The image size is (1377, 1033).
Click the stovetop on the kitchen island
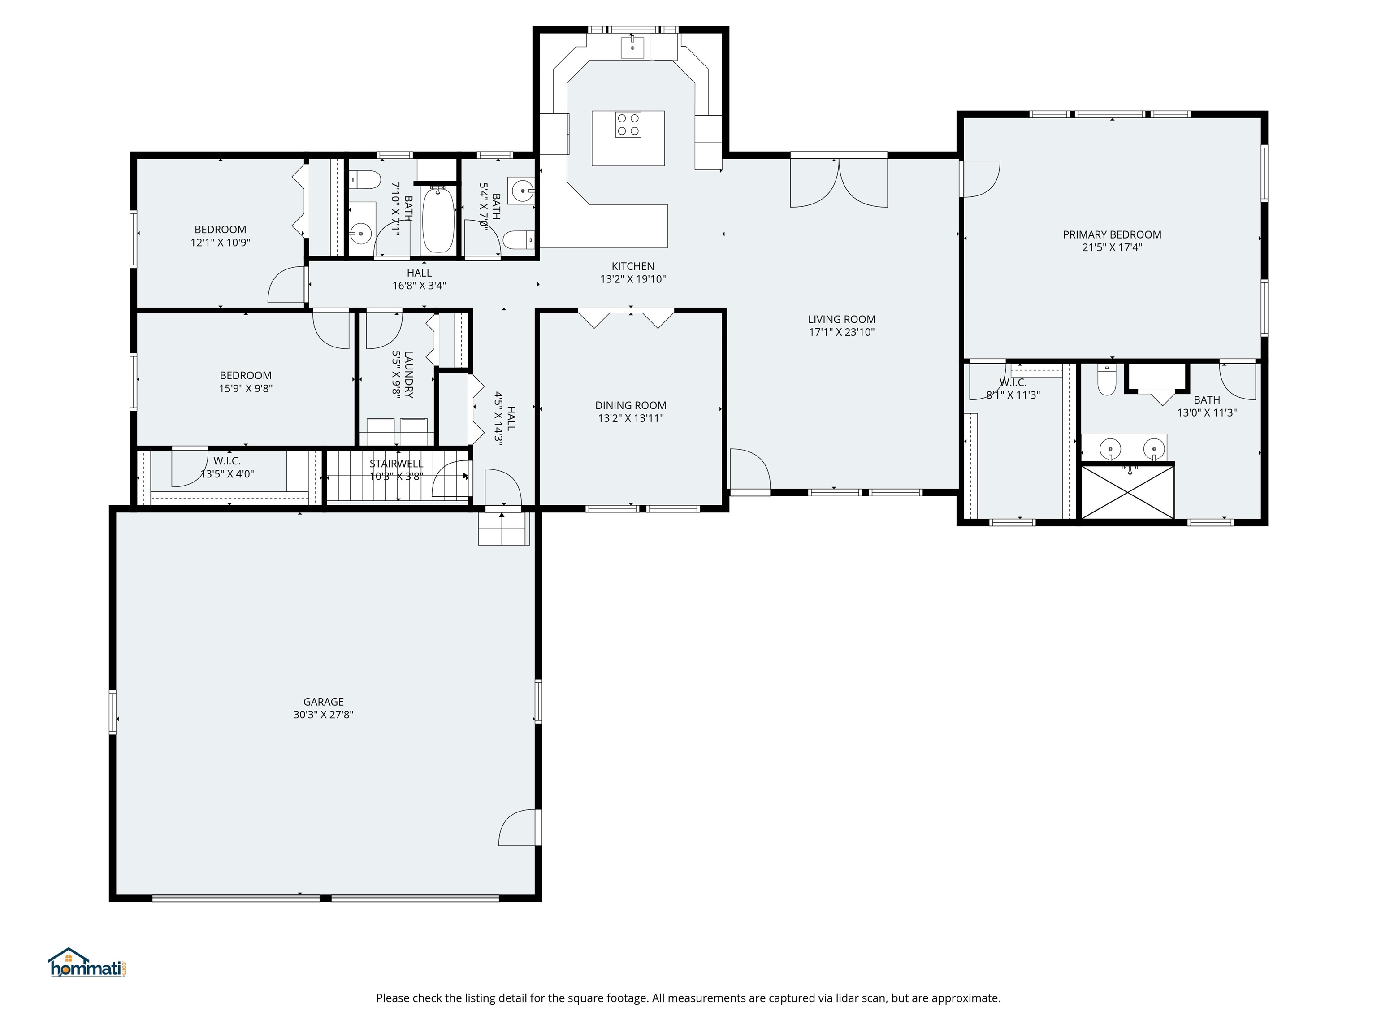[628, 124]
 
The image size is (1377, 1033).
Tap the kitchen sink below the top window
[632, 47]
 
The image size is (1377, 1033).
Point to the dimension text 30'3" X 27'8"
[323, 715]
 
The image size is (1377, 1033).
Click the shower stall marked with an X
[1127, 492]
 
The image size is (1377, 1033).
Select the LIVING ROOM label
[842, 319]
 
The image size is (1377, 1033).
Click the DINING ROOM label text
[631, 405]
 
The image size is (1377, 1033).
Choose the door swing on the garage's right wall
[518, 828]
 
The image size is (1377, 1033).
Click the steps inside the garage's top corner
[503, 529]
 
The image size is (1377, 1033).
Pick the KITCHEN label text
[632, 266]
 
